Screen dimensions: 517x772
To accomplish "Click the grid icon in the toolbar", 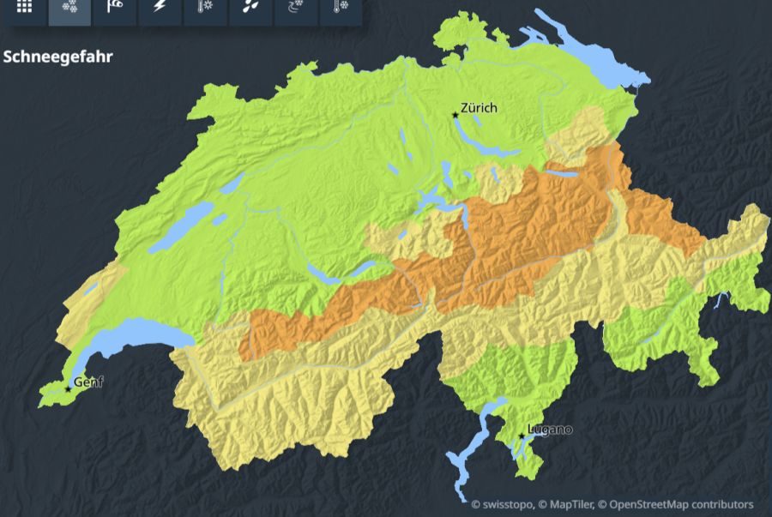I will click(24, 7).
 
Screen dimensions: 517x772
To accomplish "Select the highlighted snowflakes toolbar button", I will click(69, 7).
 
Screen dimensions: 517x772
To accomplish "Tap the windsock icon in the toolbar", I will click(114, 7).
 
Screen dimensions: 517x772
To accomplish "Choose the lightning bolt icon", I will click(160, 7).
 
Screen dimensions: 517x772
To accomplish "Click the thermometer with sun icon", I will click(205, 7).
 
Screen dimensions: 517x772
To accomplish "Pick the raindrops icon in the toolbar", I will click(250, 7).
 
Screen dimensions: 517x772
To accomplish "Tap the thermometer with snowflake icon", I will click(341, 7).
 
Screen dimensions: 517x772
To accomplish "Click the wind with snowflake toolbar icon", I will click(295, 7).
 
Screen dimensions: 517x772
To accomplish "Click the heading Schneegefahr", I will click(58, 57).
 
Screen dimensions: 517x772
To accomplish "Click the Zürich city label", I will click(479, 107).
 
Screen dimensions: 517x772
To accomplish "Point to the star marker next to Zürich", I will click(455, 115).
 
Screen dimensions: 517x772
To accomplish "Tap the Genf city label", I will click(88, 382).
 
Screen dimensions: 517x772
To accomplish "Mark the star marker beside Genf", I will click(68, 389).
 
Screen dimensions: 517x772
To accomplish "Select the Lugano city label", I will click(550, 429).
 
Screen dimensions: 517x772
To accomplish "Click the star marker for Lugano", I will click(522, 436).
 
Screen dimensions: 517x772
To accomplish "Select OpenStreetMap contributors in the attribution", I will click(682, 504).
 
